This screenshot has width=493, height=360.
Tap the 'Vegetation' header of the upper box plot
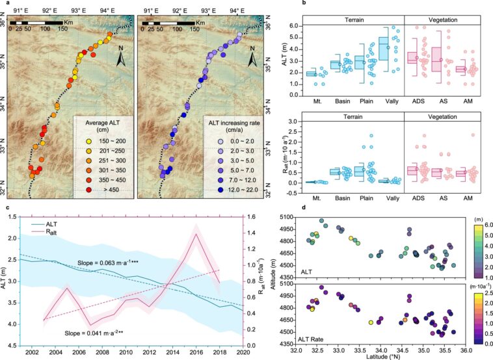(x=442, y=19)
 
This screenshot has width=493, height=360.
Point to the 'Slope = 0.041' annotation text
(x=88, y=333)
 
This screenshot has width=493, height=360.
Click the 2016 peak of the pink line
(x=195, y=234)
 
